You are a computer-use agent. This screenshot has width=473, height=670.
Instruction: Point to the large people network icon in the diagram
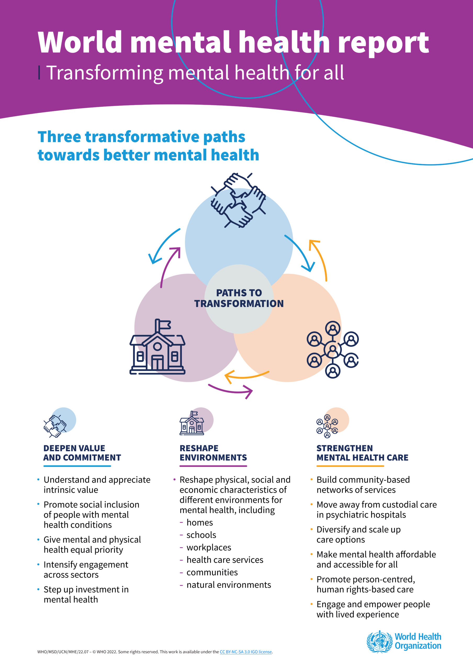click(333, 349)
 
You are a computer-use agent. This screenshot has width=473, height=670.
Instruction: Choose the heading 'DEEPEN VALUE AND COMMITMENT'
click(82, 453)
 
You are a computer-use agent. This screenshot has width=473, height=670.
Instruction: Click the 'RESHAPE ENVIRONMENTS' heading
click(213, 453)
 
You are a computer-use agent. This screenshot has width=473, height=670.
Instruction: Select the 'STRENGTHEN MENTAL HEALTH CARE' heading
click(362, 453)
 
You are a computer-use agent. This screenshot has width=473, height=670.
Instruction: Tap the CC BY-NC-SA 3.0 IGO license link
click(246, 652)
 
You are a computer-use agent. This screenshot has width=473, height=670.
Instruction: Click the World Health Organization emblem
click(379, 641)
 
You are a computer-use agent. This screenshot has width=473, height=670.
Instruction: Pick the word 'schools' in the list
click(201, 535)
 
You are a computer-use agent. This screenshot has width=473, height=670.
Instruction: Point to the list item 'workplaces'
click(209, 547)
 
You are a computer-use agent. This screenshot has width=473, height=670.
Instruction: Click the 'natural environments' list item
click(229, 584)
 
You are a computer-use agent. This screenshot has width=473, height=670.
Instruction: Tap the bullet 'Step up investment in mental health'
click(86, 594)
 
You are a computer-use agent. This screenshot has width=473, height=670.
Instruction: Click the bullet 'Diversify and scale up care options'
click(358, 534)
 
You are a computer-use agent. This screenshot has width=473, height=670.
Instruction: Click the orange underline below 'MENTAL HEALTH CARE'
click(350, 466)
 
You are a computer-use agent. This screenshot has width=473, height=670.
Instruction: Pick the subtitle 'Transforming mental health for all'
click(195, 73)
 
